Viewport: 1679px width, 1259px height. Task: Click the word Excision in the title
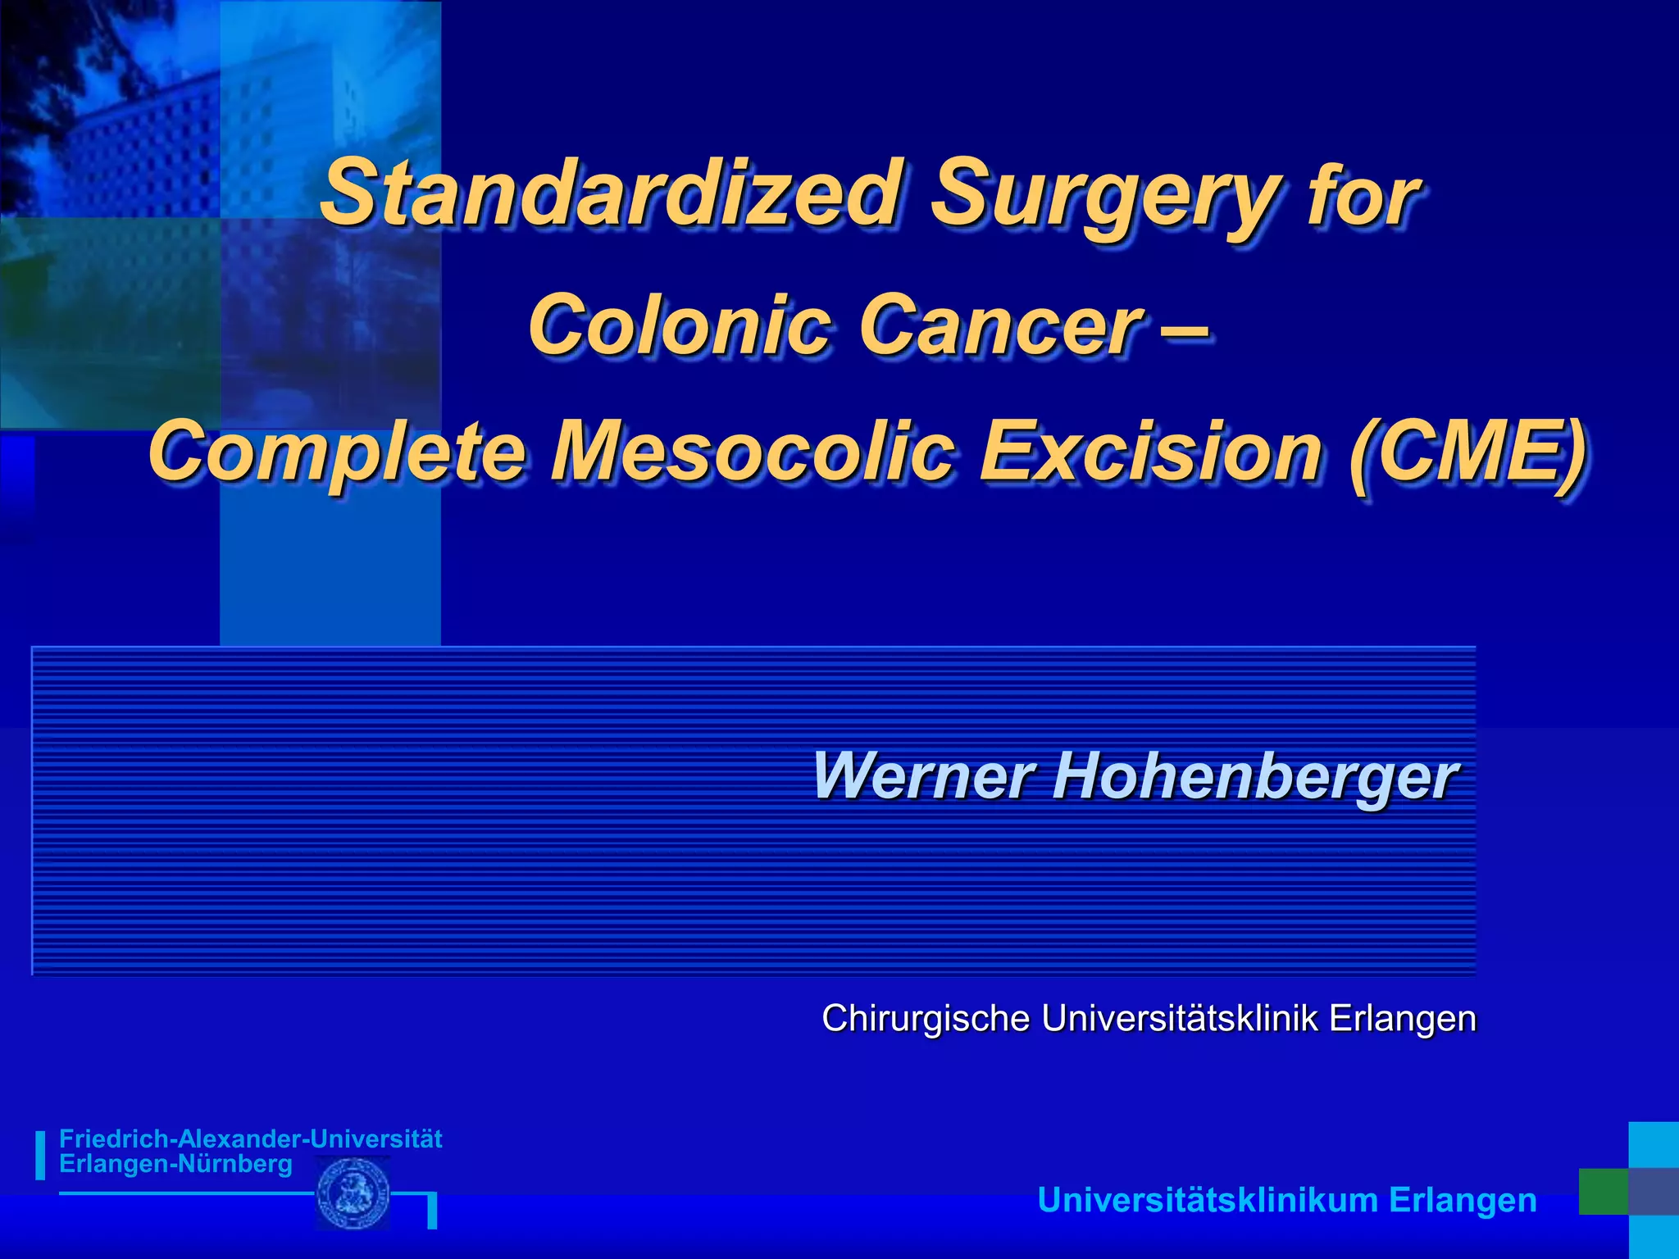(1151, 452)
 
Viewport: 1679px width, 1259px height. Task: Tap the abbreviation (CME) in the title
(1467, 452)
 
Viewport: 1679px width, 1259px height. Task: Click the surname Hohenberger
(1255, 776)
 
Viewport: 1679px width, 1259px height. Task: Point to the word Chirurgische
(926, 1019)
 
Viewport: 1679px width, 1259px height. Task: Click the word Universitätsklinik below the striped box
(1181, 1019)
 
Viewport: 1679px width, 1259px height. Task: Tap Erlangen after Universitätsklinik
(1403, 1019)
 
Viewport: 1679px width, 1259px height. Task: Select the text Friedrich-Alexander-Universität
(250, 1139)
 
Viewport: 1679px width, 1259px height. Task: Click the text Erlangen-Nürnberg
(175, 1164)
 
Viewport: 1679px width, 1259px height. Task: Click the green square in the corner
(1603, 1191)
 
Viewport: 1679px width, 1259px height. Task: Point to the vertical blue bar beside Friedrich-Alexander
(40, 1155)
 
